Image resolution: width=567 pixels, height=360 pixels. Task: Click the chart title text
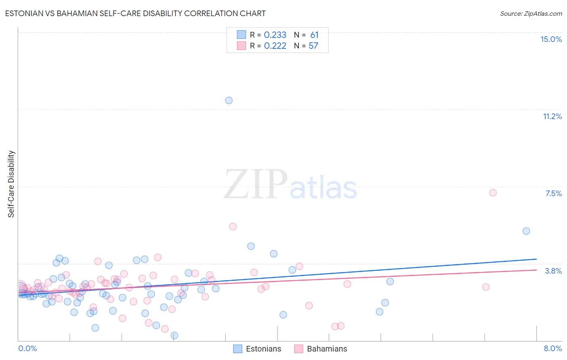135,13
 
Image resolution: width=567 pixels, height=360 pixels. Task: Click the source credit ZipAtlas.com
531,13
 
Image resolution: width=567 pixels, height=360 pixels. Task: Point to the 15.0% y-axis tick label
551,39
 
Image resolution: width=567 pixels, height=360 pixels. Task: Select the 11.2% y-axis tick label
552,116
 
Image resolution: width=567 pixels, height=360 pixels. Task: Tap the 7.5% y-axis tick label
553,193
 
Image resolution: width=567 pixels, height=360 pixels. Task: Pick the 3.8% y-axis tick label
553,271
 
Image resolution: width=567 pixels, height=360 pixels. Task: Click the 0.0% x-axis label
27,348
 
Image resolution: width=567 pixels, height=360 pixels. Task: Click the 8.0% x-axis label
552,348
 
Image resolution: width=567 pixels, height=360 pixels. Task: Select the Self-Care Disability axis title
11,184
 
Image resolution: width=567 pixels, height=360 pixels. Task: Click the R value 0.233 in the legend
275,35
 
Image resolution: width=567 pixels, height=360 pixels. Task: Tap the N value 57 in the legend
313,46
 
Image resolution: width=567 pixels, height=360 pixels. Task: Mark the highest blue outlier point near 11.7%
229,100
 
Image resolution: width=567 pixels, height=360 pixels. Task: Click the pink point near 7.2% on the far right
493,193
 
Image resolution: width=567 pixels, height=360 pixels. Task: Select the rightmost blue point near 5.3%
526,231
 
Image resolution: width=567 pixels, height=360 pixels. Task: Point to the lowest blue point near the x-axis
174,335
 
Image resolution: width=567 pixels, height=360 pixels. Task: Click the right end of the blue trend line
536,259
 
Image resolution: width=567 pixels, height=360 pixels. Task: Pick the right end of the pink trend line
536,270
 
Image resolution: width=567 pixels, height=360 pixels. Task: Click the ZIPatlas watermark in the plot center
290,184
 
